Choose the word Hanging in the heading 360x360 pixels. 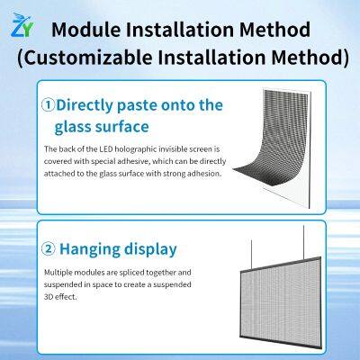(99, 248)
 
